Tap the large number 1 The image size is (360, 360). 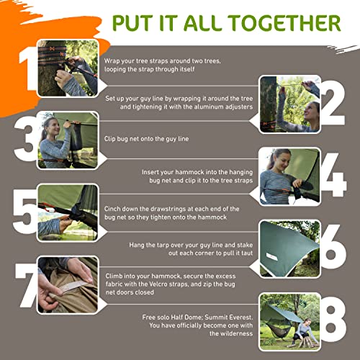28,68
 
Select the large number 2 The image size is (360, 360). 333,103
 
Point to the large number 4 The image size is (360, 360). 333,174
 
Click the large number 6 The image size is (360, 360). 333,246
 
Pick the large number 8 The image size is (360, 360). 334,320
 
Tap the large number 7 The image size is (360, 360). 27,285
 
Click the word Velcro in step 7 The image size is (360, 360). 160,284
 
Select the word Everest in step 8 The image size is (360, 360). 240,318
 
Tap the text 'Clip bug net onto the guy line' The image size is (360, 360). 146,139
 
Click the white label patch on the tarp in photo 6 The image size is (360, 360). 271,256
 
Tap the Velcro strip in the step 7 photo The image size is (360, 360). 71,286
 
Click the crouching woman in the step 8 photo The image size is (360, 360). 305,332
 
